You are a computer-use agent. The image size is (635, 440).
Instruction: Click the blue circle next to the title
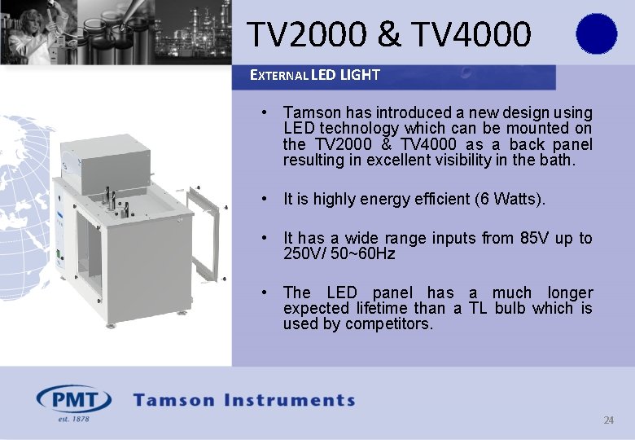coord(596,34)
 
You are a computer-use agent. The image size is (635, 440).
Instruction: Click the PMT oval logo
coord(73,400)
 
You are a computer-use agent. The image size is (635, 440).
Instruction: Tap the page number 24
coord(608,420)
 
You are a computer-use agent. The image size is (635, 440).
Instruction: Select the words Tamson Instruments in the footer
coord(244,400)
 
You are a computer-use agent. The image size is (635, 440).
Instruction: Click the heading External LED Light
coord(314,75)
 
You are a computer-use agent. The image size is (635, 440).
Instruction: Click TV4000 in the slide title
coord(471,34)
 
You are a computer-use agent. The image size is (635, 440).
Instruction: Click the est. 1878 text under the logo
coord(73,419)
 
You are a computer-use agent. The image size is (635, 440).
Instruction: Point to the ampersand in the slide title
coord(389,34)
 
